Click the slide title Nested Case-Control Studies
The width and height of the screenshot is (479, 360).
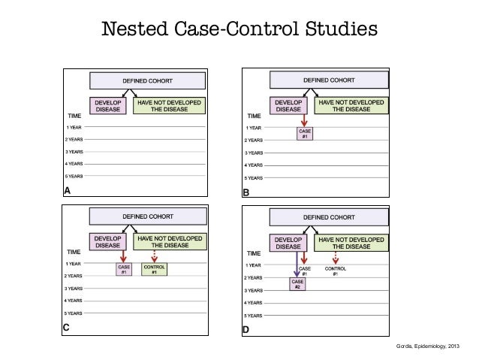tap(239, 30)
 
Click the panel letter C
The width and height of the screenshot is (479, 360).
tap(68, 327)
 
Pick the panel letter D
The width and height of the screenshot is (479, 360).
tap(245, 329)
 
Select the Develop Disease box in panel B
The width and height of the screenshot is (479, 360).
tap(288, 105)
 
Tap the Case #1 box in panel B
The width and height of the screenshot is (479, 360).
tap(304, 135)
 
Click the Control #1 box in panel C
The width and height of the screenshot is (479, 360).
tap(154, 269)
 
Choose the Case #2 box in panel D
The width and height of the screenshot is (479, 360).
tap(297, 284)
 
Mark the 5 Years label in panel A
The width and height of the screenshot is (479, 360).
tap(74, 176)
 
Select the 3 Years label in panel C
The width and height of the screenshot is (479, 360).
tap(74, 289)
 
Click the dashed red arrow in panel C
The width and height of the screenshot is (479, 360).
tap(154, 255)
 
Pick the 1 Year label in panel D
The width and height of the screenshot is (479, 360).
tap(253, 265)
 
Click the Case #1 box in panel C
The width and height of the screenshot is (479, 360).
tap(123, 269)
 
